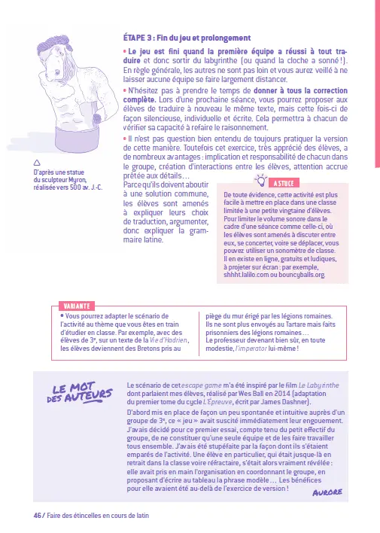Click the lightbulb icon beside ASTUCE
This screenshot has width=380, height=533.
coord(262,180)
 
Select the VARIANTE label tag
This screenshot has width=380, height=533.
coord(76,306)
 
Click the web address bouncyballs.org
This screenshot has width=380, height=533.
coord(300,275)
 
